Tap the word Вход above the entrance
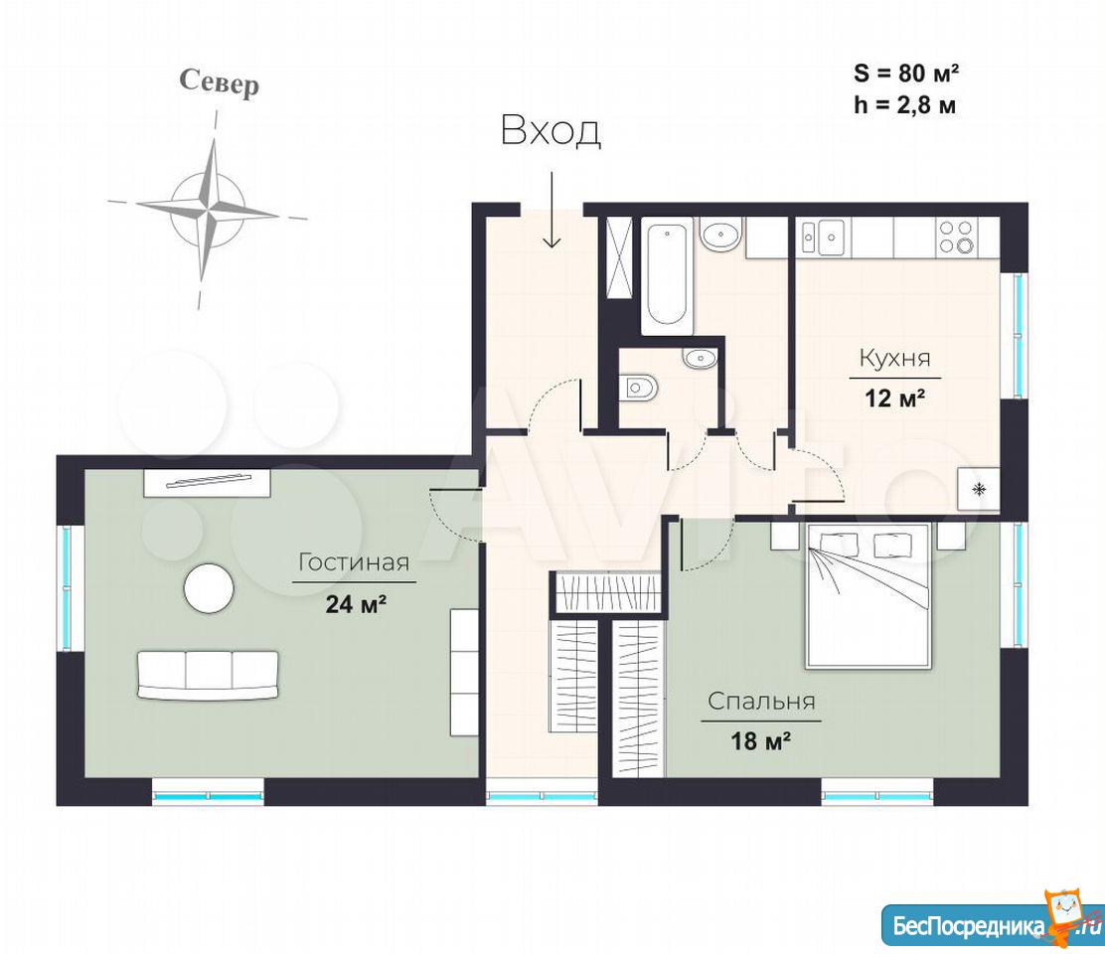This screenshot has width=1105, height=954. pyautogui.click(x=551, y=131)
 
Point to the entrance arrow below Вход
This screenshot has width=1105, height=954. pyautogui.click(x=552, y=210)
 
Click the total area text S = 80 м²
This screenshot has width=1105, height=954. pyautogui.click(x=906, y=73)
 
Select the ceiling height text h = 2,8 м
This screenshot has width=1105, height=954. pyautogui.click(x=905, y=105)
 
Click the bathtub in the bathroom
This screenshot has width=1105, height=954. pyautogui.click(x=667, y=275)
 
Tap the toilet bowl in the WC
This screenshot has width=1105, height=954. pyautogui.click(x=639, y=387)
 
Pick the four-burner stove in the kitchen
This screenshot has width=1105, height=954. pyautogui.click(x=956, y=237)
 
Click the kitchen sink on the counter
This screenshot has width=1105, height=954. pyautogui.click(x=824, y=237)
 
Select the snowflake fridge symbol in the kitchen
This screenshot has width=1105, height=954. pyautogui.click(x=978, y=489)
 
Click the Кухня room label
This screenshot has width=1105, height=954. pyautogui.click(x=895, y=358)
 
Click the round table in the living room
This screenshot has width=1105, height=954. pyautogui.click(x=209, y=588)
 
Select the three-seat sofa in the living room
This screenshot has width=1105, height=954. pyautogui.click(x=208, y=675)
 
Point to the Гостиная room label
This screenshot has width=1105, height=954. pyautogui.click(x=354, y=562)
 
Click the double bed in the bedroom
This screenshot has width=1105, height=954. pyautogui.click(x=868, y=595)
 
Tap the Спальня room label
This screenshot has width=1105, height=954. pyautogui.click(x=761, y=701)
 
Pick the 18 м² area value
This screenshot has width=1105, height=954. pyautogui.click(x=760, y=741)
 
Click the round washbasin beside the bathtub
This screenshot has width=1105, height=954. pyautogui.click(x=719, y=234)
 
